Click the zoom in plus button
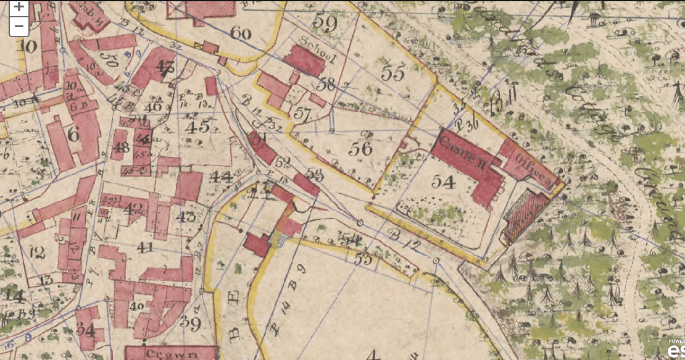coord(19,7)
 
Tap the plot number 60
coord(240,33)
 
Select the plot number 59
coord(325,22)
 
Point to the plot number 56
coord(361,148)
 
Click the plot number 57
coord(303,114)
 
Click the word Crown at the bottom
coord(172,354)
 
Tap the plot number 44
coord(221,177)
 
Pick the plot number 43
coord(186,217)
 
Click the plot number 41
coord(146,248)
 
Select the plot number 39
coord(191,322)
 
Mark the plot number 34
coord(86,330)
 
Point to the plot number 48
coord(120,148)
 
